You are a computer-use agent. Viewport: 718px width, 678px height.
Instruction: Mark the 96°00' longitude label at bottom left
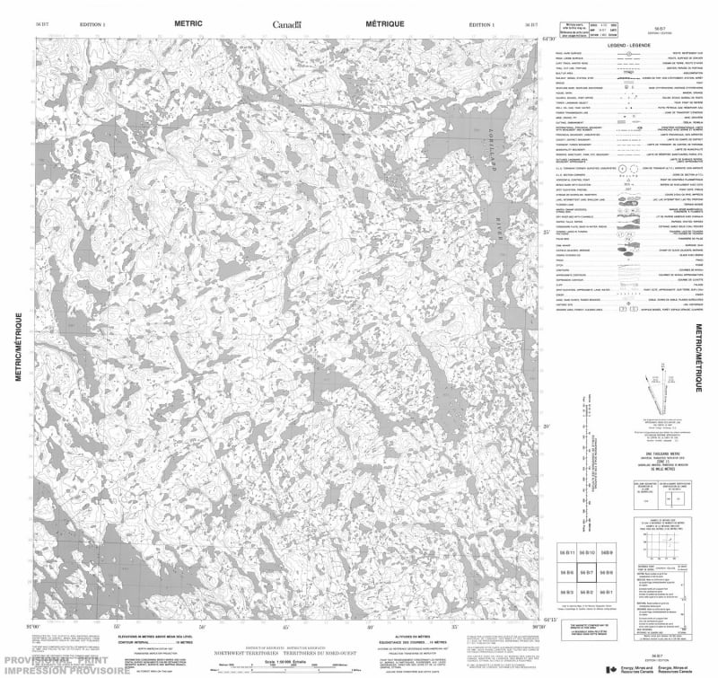pos(33,625)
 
